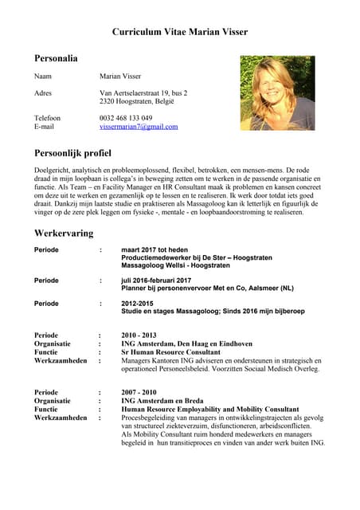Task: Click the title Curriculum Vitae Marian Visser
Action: tap(180, 32)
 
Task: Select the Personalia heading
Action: tap(56, 58)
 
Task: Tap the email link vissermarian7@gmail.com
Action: tap(139, 127)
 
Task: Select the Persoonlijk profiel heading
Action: tap(72, 153)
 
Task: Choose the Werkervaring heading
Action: tap(64, 233)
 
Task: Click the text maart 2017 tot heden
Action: tap(155, 250)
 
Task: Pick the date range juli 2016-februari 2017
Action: tap(156, 280)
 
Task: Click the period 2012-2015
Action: tap(138, 304)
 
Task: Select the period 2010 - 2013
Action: tap(140, 335)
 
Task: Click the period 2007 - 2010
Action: tap(140, 392)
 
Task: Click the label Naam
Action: tap(43, 76)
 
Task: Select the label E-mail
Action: tap(45, 127)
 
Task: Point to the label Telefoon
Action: tap(47, 118)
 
